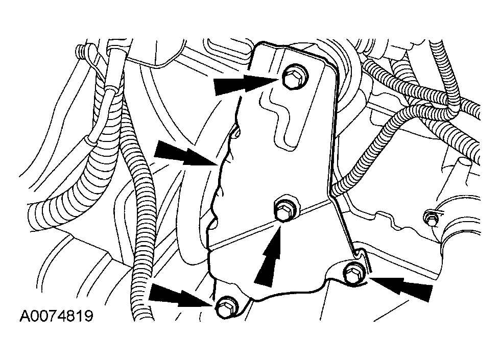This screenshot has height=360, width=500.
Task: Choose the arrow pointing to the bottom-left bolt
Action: tap(181, 295)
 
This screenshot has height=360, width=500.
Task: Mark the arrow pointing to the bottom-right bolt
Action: tap(401, 287)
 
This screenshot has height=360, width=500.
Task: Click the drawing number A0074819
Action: tap(57, 316)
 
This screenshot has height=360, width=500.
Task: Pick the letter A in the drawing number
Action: tap(25, 316)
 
